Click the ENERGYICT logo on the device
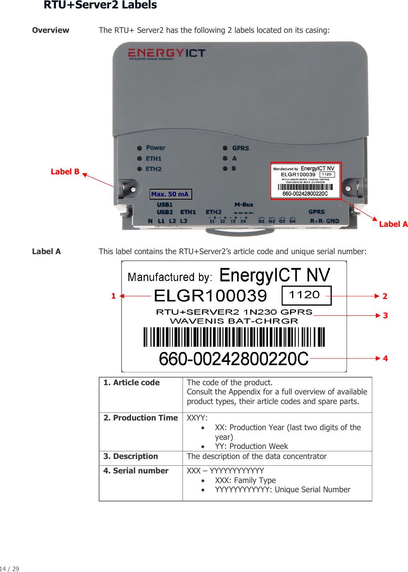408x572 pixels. tap(166, 54)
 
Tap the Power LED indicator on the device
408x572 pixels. tap(140, 148)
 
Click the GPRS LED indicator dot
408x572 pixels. tap(225, 148)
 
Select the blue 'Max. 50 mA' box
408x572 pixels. tap(171, 194)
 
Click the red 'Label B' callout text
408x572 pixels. tap(65, 172)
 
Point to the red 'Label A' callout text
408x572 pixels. tap(393, 224)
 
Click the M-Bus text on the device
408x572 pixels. tap(244, 205)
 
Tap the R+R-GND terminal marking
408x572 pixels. tap(325, 221)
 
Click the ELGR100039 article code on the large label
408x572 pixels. tap(210, 296)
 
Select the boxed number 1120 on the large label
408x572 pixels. tap(306, 295)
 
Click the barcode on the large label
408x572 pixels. tap(234, 337)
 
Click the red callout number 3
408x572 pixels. tap(385, 316)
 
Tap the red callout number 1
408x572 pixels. tap(114, 296)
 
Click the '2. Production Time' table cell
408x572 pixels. tap(140, 418)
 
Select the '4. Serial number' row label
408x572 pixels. tap(136, 471)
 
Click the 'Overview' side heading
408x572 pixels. tap(51, 30)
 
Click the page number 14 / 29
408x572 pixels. tap(10, 568)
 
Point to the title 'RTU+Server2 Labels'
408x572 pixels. tap(100, 5)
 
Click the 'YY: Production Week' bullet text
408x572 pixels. tap(251, 447)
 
